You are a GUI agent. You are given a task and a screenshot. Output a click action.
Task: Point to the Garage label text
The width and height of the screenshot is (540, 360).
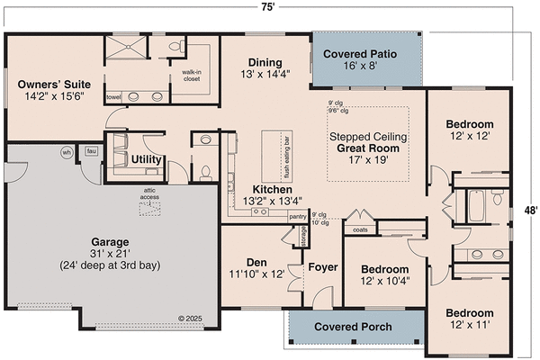pos(109,248)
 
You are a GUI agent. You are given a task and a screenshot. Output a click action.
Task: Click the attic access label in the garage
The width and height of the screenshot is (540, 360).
pos(149,194)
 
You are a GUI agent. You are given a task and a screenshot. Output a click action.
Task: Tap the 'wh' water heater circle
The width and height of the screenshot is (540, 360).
pos(67,152)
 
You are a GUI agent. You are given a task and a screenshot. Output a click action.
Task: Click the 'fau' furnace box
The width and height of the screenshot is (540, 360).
pos(91,151)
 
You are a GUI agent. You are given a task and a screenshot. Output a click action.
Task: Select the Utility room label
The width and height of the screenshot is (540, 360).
pos(146,160)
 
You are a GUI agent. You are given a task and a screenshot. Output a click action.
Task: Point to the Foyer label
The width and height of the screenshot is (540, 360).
pos(322,266)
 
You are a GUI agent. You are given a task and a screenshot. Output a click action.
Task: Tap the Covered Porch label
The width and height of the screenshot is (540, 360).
pos(353,327)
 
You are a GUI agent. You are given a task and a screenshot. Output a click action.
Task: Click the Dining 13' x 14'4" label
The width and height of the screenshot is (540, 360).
pos(265,68)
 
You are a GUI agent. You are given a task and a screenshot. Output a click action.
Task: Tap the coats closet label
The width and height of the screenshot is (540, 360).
pos(360,229)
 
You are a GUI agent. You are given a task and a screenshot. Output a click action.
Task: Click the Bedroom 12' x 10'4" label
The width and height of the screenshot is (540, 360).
pos(384,274)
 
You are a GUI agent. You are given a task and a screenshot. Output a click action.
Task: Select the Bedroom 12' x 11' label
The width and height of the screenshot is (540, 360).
pos(468,319)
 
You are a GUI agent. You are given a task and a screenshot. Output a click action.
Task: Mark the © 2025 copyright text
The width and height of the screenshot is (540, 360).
pos(191,318)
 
